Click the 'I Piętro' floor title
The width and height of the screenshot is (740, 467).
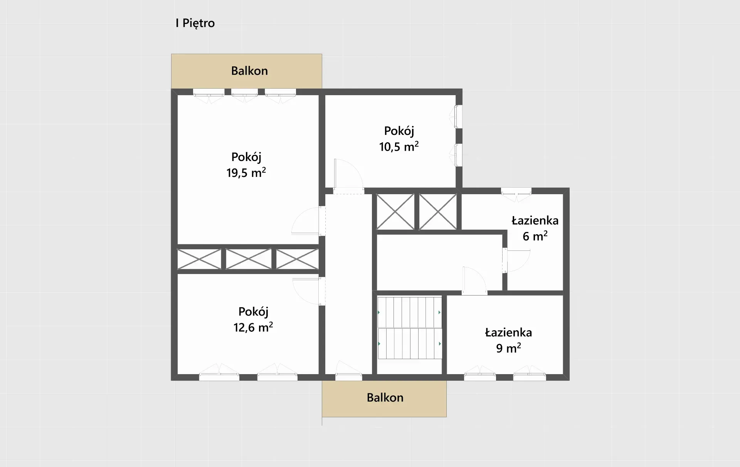click(195, 23)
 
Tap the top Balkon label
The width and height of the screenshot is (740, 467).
click(249, 71)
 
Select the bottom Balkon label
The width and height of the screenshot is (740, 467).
click(385, 398)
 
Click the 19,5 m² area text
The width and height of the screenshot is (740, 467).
click(246, 172)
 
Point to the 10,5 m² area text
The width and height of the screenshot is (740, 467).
click(399, 146)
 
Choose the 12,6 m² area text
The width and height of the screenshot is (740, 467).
click(253, 327)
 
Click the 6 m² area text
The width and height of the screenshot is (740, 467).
click(535, 236)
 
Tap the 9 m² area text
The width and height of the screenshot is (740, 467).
click(508, 348)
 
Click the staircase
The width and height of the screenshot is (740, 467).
click(410, 328)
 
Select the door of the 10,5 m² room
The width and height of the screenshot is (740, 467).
click(348, 175)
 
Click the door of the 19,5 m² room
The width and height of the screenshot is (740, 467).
click(308, 221)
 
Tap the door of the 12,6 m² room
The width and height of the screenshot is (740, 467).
click(309, 291)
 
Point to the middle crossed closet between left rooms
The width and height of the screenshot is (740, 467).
click(249, 259)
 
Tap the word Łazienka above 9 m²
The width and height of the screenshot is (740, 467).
click(508, 333)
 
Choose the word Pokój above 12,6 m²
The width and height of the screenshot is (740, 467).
click(253, 312)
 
